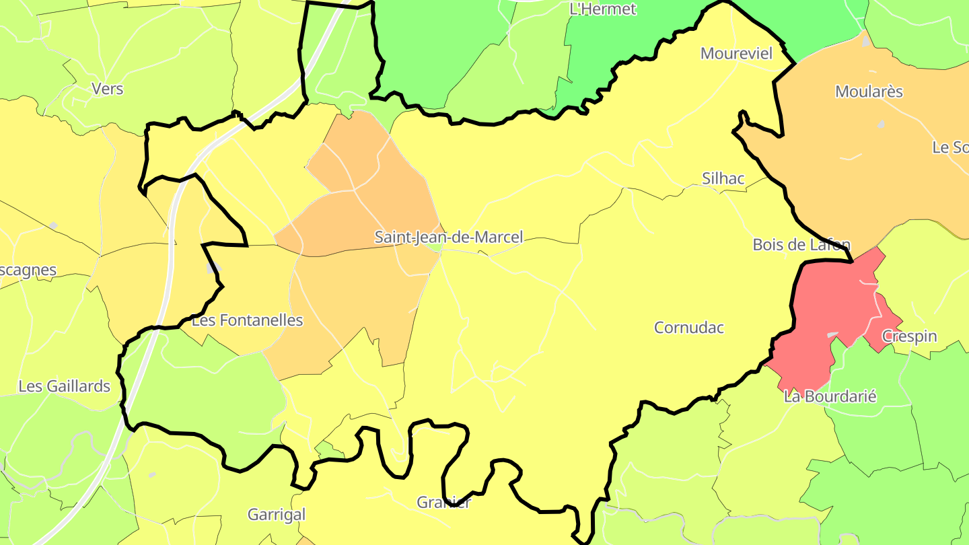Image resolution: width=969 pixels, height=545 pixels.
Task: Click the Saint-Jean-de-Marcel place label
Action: coord(448,238)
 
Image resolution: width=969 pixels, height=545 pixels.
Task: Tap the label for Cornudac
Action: coord(689,328)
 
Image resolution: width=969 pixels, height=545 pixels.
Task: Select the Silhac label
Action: coord(723,178)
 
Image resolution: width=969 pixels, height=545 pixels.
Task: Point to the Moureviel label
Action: coord(737,54)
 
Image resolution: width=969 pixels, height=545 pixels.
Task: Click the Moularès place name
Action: coord(869,92)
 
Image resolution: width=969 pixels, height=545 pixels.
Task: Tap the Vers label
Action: coord(108,88)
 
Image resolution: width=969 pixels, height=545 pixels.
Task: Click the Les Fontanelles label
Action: coord(248,320)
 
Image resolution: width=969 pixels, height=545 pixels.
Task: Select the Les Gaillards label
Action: coord(65,386)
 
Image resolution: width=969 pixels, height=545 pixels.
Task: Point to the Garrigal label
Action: coord(277,515)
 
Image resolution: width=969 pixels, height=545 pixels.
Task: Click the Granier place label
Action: coord(444,502)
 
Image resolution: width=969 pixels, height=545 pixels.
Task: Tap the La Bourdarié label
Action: coord(830,396)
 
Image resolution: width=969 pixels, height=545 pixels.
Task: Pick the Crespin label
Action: coord(909,336)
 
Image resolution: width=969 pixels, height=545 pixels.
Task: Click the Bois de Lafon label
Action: coord(801,245)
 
